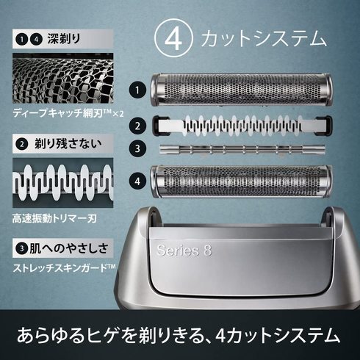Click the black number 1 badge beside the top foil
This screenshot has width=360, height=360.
tap(137, 90)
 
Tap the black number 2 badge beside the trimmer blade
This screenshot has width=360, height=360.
tap(137, 126)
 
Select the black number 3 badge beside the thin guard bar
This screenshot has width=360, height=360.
tap(137, 148)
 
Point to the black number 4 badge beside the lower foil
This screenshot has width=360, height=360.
tap(137, 181)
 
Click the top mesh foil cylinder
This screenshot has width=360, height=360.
tap(242, 90)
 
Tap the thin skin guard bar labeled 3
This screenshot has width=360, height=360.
tap(242, 149)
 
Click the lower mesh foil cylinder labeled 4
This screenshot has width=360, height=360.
tap(242, 181)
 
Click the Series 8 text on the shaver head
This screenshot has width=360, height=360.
tap(184, 250)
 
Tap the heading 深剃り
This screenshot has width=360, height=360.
tap(64, 39)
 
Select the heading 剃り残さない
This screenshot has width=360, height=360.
tap(68, 143)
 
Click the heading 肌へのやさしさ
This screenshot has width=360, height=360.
tap(69, 248)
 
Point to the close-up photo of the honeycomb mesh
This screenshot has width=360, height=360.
tap(63, 78)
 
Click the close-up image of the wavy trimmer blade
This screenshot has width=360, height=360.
tap(63, 183)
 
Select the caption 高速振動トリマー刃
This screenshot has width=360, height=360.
tap(54, 218)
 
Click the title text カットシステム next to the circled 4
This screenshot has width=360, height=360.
tap(264, 39)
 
